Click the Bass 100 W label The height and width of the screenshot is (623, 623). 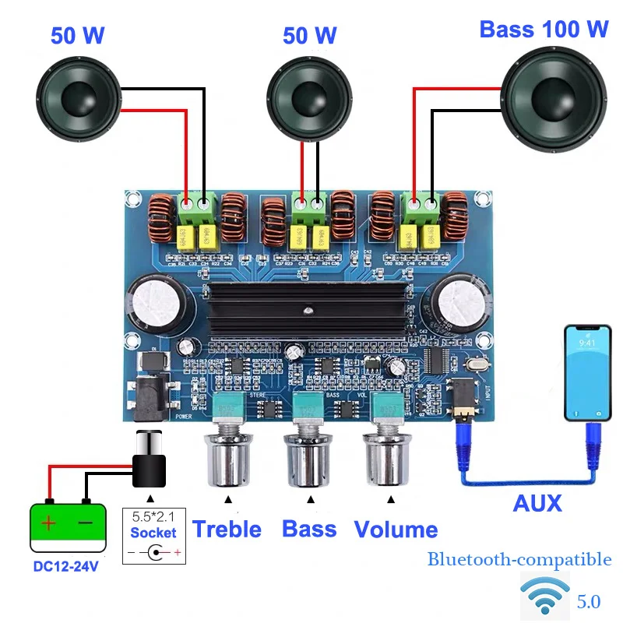coord(543,30)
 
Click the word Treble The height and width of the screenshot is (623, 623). coord(227,530)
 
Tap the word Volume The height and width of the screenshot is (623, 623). coord(396,530)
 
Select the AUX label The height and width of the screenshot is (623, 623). coord(537,504)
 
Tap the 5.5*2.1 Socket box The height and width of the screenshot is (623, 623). coord(153,536)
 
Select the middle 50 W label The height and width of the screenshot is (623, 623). coord(309,35)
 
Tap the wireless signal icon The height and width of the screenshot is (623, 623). coord(544,597)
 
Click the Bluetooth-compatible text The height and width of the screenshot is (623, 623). coord(519,559)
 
